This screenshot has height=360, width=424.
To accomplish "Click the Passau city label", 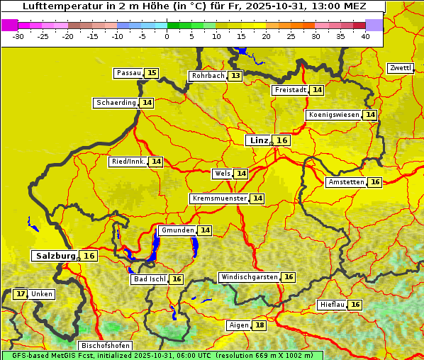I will [x=128, y=73].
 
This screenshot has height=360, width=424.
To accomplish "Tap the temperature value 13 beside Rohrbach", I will [x=235, y=76].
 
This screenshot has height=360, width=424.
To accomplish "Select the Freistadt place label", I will [x=291, y=90].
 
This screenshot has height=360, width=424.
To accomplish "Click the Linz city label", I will [x=258, y=140].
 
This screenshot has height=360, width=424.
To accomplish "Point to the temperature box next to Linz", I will [x=281, y=140].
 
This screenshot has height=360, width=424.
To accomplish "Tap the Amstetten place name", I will [x=346, y=182].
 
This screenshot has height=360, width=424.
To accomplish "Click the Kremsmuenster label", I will [x=219, y=198].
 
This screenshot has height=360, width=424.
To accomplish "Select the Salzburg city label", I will [x=55, y=256].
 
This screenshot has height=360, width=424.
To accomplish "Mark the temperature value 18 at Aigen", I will [x=260, y=325].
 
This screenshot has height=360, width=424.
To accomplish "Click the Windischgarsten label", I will [x=249, y=277].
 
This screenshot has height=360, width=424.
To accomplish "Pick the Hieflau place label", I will [x=332, y=305].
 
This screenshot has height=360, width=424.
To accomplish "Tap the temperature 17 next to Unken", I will [x=21, y=294].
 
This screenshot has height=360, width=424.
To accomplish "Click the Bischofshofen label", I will [x=104, y=346].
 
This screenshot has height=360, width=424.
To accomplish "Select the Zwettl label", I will [x=401, y=68].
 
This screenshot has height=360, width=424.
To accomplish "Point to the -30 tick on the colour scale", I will [x=18, y=36].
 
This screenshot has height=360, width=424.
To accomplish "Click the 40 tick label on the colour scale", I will [x=365, y=36].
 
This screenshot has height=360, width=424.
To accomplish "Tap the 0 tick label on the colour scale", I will [x=167, y=36].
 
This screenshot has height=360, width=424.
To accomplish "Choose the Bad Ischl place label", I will [x=149, y=279].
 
